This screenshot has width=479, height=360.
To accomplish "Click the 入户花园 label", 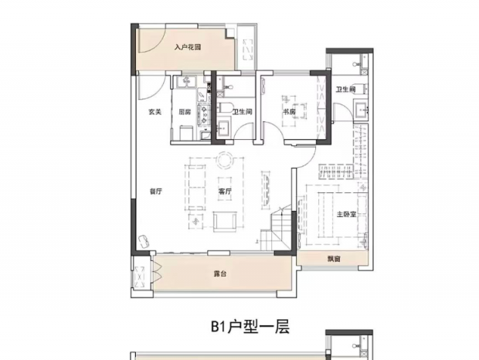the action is [x=188, y=48].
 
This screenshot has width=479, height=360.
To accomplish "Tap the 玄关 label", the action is [x=155, y=112].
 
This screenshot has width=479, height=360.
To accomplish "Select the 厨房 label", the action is [x=185, y=112].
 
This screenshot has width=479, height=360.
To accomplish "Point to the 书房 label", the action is [x=289, y=112].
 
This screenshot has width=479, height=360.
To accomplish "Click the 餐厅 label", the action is [x=155, y=192].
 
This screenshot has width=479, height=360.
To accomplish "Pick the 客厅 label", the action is [x=225, y=192].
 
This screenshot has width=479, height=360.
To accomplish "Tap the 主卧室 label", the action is [x=346, y=214].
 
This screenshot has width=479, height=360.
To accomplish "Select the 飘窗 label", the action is [x=334, y=260].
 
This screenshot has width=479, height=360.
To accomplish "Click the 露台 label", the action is [x=220, y=274].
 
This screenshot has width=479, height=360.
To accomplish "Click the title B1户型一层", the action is [x=250, y=327].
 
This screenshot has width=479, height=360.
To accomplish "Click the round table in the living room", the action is [x=225, y=160].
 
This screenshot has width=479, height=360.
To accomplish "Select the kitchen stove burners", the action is [x=203, y=114].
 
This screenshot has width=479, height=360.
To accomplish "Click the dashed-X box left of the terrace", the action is [x=140, y=277].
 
